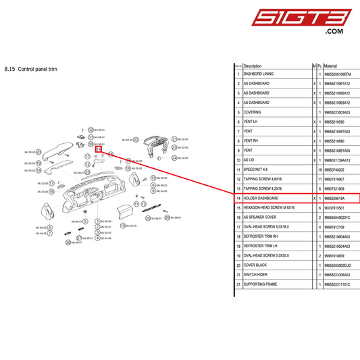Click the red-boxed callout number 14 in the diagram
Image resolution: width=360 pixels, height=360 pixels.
(x=99, y=150)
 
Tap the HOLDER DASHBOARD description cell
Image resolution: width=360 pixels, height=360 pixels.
(x=259, y=199)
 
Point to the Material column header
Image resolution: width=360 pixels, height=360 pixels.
(x=330, y=66)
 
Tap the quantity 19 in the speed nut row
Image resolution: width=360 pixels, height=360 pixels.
(x=319, y=170)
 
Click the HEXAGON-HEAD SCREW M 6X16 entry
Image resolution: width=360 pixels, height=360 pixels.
(x=269, y=208)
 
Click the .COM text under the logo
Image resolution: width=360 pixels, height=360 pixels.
(x=334, y=32)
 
